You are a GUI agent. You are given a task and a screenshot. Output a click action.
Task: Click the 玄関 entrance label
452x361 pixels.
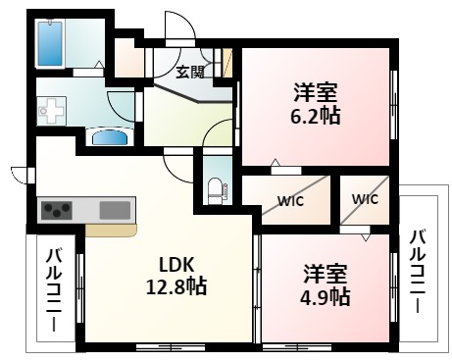pos(190,71)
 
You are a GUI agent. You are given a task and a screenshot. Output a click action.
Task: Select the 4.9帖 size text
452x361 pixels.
pos(326,295)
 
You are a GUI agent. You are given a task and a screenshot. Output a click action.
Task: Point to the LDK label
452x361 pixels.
pos(179,262)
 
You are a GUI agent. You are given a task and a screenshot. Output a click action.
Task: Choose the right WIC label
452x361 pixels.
pos(365,199)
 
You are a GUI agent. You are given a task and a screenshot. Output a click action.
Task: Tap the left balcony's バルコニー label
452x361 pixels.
pos(54,290)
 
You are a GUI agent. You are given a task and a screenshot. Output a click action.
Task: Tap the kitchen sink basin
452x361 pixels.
pos(115,210)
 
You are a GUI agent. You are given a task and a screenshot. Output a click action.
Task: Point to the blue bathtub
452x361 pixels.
pos(49,42)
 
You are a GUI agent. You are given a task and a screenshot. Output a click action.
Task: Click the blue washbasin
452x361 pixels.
pos(110,136)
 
